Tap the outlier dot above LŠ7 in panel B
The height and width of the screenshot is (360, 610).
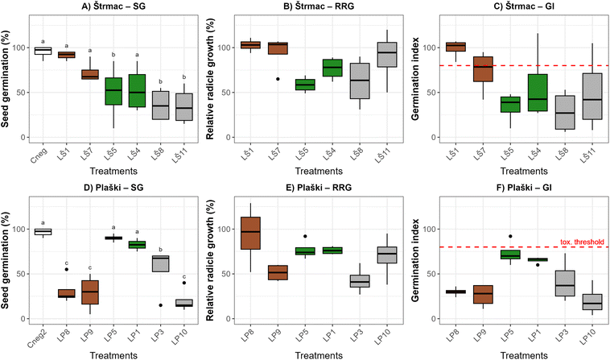pos(278,79)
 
